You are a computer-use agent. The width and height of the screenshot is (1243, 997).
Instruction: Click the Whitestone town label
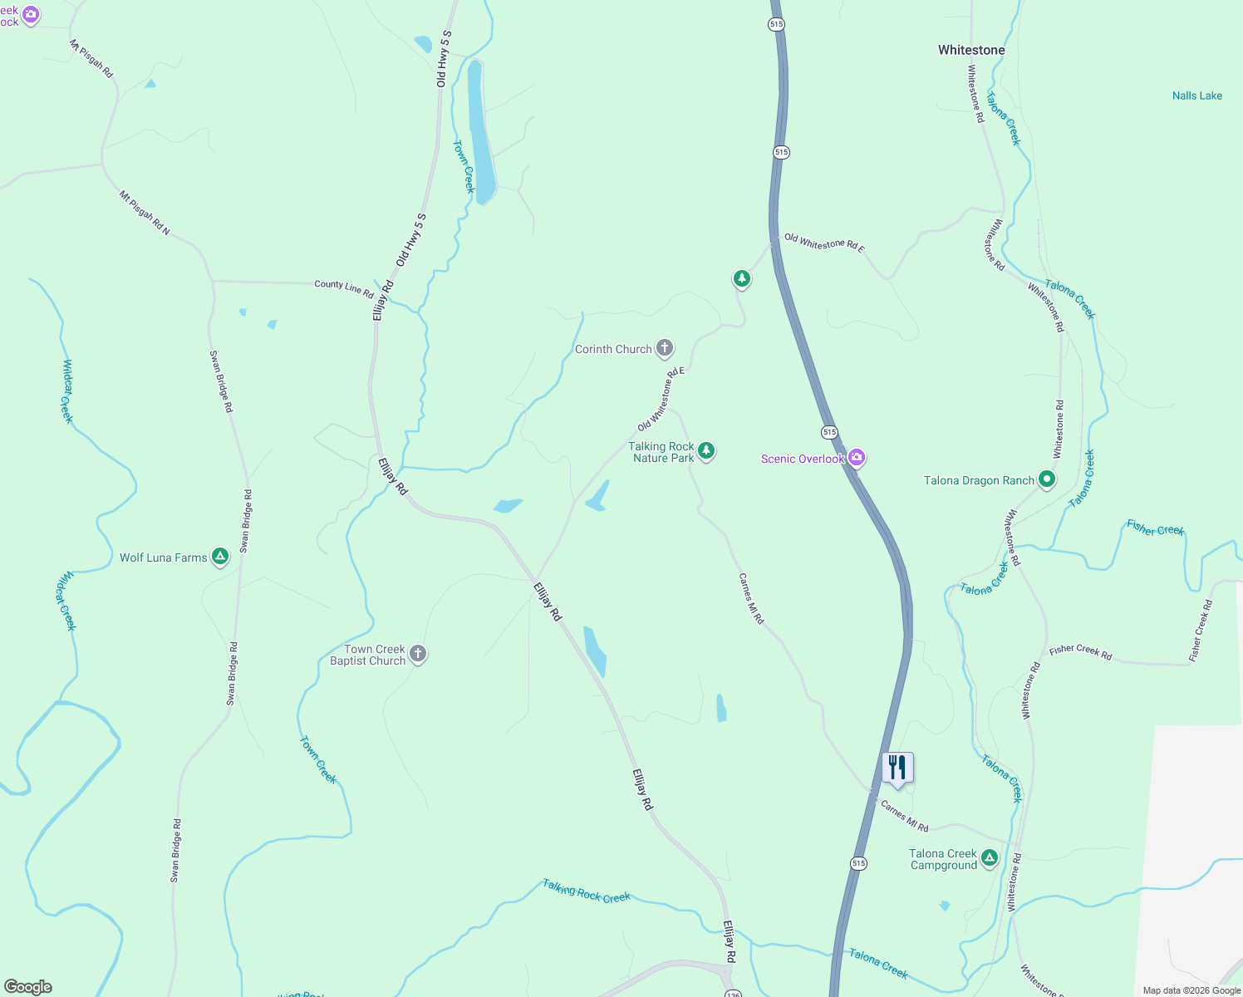click(x=971, y=50)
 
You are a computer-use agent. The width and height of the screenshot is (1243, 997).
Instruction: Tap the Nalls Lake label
click(x=1196, y=96)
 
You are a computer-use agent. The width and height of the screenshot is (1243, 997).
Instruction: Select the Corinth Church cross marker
click(x=665, y=348)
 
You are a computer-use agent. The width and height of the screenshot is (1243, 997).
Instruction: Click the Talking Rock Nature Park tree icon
click(x=706, y=450)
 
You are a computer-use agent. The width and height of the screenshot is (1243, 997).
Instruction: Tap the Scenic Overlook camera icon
click(x=857, y=458)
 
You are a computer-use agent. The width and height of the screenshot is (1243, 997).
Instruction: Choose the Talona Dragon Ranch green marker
click(x=1047, y=479)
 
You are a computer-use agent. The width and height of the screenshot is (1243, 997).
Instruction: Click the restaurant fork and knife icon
click(x=897, y=768)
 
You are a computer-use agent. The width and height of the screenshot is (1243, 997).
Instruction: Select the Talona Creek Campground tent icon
click(x=989, y=857)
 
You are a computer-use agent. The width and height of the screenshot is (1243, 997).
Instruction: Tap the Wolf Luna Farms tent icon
click(x=219, y=556)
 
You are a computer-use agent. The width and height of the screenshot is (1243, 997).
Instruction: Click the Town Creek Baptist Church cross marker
click(x=418, y=654)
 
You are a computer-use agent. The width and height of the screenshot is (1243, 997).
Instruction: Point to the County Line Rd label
click(x=343, y=288)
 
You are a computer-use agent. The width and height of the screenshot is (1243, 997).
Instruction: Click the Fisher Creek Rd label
click(x=1080, y=652)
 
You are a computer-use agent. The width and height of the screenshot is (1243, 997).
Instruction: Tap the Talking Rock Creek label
click(x=587, y=891)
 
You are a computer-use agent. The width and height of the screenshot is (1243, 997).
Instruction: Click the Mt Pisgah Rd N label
click(x=144, y=214)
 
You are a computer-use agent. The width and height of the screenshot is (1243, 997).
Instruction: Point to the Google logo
click(x=27, y=987)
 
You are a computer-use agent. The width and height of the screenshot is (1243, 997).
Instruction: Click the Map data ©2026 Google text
click(x=1191, y=990)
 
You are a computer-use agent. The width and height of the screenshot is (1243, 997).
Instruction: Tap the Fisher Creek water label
click(x=1155, y=528)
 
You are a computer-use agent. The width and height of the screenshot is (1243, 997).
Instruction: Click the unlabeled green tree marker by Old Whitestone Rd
click(x=742, y=278)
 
